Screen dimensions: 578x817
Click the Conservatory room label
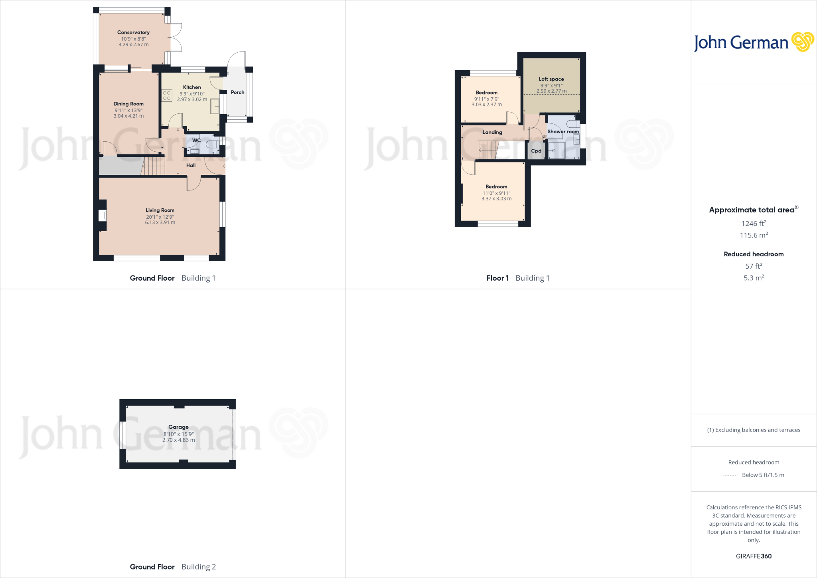(x=133, y=32)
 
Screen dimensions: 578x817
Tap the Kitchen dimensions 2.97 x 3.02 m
(x=192, y=99)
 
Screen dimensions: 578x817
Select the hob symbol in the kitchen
(x=167, y=95)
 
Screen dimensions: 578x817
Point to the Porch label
(x=237, y=92)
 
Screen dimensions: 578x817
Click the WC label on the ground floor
(x=196, y=140)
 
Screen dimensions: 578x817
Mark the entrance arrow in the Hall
(x=225, y=166)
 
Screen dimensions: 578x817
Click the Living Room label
(x=160, y=210)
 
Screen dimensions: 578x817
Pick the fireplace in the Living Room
(x=103, y=216)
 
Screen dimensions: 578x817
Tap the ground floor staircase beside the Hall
(x=154, y=166)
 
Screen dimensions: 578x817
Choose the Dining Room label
(x=128, y=104)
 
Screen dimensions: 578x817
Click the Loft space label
(x=551, y=79)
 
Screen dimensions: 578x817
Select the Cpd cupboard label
(x=536, y=151)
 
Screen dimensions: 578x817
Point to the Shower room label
(x=562, y=131)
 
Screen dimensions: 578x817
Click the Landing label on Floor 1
(x=492, y=132)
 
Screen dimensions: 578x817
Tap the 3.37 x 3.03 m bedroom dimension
(x=496, y=199)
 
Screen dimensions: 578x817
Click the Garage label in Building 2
(x=178, y=427)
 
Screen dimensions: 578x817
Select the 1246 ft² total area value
(x=753, y=224)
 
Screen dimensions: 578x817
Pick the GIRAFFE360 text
(x=753, y=556)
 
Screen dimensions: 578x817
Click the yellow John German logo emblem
(x=802, y=42)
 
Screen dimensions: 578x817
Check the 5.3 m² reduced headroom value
(x=753, y=278)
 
